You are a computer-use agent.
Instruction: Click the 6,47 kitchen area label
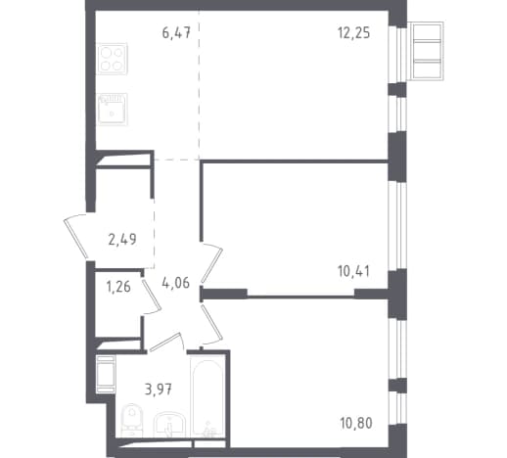(x=176, y=33)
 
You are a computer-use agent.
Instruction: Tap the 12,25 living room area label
(x=354, y=33)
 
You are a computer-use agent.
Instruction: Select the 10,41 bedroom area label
(x=354, y=271)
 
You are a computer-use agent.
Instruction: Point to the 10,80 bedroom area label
(x=356, y=423)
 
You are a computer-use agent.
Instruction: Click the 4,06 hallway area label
(x=175, y=283)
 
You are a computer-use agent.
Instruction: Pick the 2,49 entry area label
(x=122, y=239)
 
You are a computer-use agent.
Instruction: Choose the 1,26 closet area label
(x=118, y=287)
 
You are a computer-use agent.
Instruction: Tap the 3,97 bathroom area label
(x=159, y=389)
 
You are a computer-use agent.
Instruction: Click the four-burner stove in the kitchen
(x=113, y=59)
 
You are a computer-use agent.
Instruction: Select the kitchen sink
(x=113, y=109)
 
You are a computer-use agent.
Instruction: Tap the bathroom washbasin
(x=169, y=425)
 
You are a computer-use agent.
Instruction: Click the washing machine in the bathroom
(x=106, y=375)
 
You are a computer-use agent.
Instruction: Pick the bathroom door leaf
(x=164, y=343)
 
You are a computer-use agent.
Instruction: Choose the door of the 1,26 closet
(x=152, y=294)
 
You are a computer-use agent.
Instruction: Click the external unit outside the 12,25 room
(x=427, y=51)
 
